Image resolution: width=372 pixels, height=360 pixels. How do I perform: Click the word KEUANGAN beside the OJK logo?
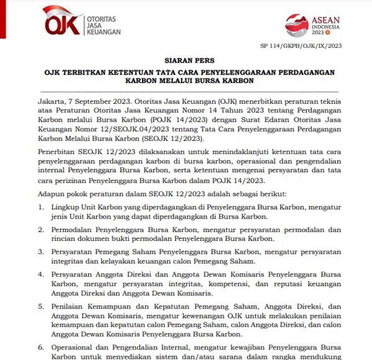[104, 31]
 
